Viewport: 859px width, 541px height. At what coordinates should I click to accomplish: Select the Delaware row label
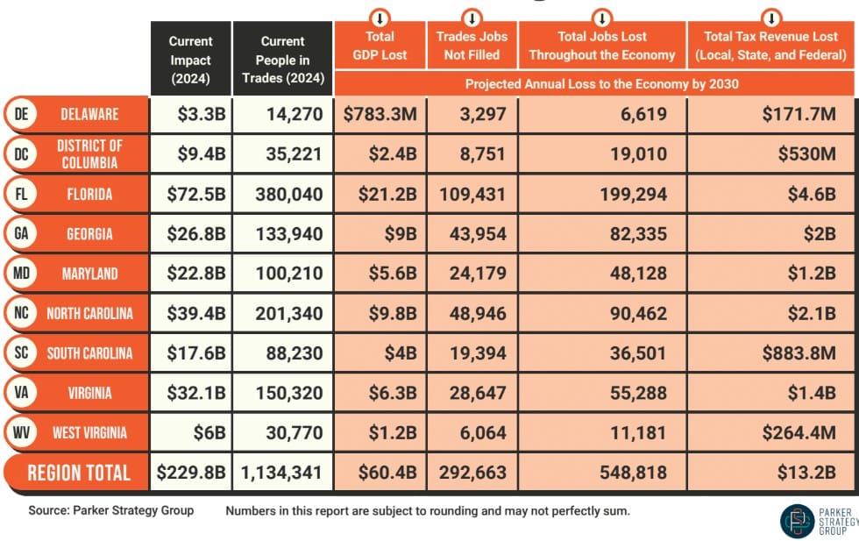(89, 115)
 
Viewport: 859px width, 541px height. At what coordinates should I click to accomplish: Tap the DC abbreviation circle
(20, 153)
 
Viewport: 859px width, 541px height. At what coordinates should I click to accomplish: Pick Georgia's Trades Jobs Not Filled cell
(471, 234)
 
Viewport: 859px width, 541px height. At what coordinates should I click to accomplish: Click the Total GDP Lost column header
(380, 46)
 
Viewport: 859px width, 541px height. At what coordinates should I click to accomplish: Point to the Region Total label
(79, 473)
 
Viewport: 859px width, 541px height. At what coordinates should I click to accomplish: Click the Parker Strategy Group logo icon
(797, 520)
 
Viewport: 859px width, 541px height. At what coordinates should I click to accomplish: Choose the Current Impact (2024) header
(190, 60)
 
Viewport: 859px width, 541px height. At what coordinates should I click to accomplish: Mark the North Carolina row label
(89, 313)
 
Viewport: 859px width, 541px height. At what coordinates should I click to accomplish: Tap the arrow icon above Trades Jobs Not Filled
(472, 17)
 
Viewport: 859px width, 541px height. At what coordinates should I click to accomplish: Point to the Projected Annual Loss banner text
(601, 84)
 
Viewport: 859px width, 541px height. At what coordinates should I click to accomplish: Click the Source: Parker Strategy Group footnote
(110, 510)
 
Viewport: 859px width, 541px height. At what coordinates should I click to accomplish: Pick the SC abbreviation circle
(20, 352)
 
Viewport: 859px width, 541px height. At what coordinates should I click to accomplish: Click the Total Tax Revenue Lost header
(770, 46)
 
